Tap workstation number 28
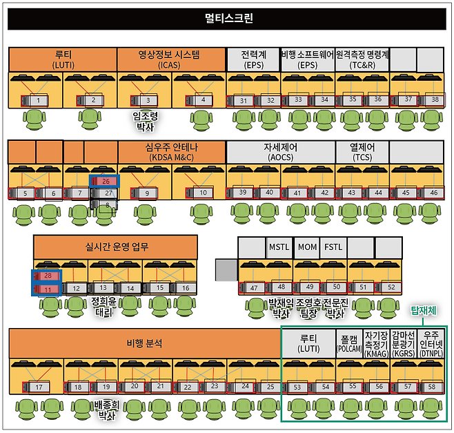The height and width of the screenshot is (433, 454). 48,276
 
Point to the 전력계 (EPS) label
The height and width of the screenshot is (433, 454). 253,58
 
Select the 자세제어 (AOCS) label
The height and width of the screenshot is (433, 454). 280,151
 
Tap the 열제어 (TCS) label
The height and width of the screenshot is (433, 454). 362,151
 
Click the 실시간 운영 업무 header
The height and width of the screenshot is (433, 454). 115,246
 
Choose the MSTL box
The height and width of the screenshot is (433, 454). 279,247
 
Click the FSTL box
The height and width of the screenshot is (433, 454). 333,247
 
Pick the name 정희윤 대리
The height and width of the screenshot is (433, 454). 104,306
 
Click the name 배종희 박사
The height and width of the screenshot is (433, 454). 106,411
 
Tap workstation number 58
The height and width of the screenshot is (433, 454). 431,387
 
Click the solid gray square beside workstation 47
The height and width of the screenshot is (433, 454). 225,269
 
